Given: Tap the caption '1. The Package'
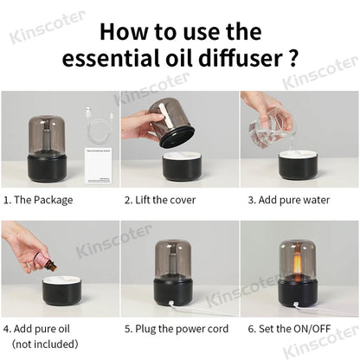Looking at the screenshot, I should pos(38,200).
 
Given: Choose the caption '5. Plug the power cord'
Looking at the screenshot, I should pos(177,329).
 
